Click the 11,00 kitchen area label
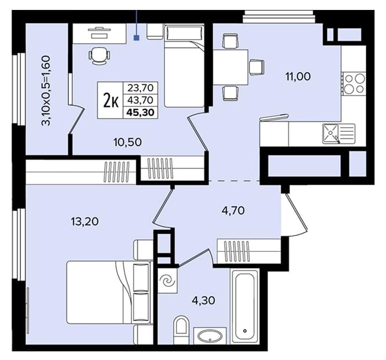tap(298, 77)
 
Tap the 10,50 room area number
tap(127, 142)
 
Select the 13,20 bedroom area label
tap(85, 222)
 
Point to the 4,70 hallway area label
tap(233, 211)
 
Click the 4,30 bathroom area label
tap(203, 300)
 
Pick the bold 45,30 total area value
tap(140, 112)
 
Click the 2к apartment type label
tap(111, 100)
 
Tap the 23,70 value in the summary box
tap(140, 87)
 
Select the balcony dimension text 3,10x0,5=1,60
tap(46, 91)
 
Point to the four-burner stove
tap(355, 84)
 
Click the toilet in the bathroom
tap(181, 330)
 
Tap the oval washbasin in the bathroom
tap(210, 336)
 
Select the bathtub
tap(244, 306)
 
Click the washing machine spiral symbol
tap(167, 280)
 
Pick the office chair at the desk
tap(99, 56)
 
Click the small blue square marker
tap(136, 37)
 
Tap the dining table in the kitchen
tap(230, 67)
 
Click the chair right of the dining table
tap(257, 67)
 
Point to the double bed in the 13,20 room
tap(109, 292)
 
